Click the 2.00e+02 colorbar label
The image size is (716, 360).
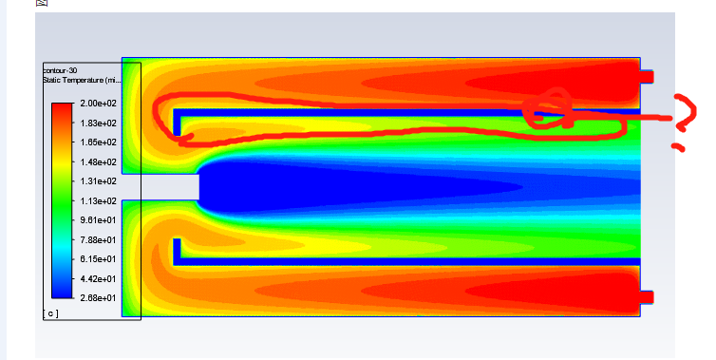[x=98, y=104]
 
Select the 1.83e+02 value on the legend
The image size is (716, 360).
[x=98, y=123]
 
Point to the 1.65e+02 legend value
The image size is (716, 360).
[x=98, y=142]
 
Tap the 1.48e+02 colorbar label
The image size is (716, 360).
[x=98, y=161]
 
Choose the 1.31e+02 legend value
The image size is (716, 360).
[x=98, y=180]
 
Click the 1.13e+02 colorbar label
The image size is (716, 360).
[x=98, y=200]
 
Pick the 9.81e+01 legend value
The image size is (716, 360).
[x=98, y=219]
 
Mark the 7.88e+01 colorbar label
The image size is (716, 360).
[x=98, y=239]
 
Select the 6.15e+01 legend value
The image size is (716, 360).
[x=98, y=258]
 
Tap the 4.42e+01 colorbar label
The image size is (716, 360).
[x=98, y=278]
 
